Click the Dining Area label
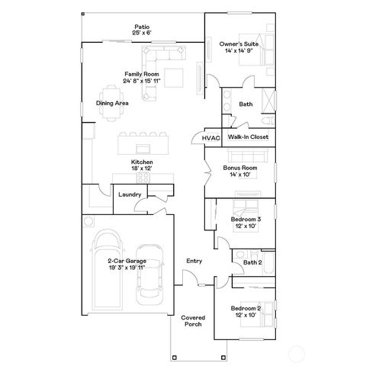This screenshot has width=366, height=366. point(112,103)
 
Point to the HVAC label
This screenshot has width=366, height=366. point(211,138)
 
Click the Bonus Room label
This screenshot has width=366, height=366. point(240,168)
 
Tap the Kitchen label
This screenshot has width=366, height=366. point(143,162)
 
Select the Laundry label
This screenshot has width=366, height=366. point(129,194)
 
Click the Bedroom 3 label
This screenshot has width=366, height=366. point(246,220)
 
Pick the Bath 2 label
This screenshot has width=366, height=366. point(252,262)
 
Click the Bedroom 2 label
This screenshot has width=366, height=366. point(246,308)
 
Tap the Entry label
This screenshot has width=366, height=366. point(194,262)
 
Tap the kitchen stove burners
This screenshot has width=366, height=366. point(142,177)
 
